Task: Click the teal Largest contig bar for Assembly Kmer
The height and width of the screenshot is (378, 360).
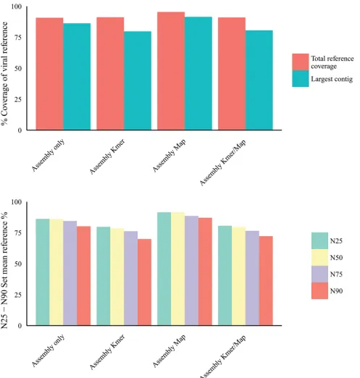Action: (138, 80)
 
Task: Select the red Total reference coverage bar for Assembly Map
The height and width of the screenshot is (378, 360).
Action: (171, 71)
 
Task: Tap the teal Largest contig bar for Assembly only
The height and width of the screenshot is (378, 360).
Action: (77, 77)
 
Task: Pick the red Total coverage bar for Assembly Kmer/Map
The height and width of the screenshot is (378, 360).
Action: (232, 74)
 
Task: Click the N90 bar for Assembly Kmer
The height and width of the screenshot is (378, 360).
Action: (144, 282)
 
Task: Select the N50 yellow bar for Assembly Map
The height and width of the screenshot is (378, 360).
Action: (178, 269)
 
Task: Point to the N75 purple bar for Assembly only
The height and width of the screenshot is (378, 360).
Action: (70, 273)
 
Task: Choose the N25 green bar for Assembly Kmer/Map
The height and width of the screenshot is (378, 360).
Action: (225, 276)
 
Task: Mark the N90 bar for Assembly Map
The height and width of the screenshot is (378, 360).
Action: (205, 272)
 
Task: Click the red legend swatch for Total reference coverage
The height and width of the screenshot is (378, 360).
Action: (301, 62)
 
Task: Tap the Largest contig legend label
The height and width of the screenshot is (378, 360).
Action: (332, 79)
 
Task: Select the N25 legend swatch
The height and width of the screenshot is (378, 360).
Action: (319, 240)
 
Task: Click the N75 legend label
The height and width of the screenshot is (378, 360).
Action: (336, 274)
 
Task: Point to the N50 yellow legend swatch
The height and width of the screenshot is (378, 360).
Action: (319, 257)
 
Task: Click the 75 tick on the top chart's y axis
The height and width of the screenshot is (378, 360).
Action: (18, 38)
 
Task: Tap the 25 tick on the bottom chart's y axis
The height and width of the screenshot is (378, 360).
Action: (18, 295)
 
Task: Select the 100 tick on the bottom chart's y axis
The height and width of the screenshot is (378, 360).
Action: (17, 202)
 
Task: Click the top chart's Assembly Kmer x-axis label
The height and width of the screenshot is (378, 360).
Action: (107, 156)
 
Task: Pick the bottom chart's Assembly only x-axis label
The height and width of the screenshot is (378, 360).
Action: (48, 350)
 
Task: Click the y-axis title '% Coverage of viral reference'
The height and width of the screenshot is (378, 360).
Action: (4, 73)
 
